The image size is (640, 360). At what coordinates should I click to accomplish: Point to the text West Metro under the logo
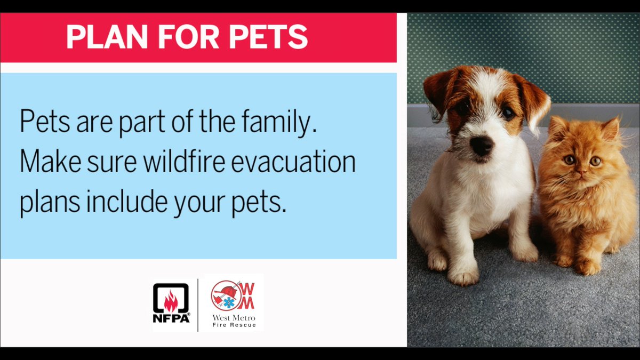tap(234, 318)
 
